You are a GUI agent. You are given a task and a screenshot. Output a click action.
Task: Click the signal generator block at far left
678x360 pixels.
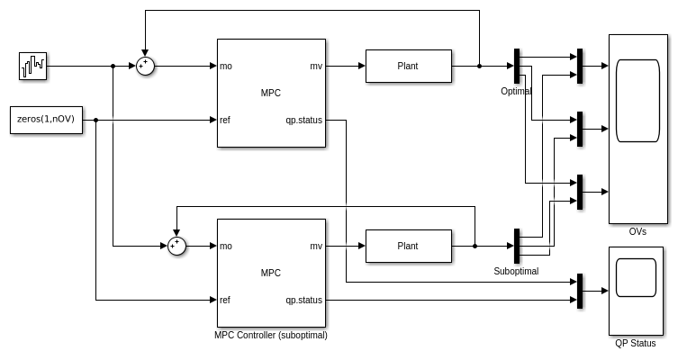(32, 66)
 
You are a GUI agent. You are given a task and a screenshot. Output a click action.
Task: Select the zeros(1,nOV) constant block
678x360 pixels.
(45, 120)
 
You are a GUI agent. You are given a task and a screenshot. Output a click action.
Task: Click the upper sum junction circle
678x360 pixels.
(145, 66)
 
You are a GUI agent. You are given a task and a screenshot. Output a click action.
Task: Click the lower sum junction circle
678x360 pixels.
(177, 246)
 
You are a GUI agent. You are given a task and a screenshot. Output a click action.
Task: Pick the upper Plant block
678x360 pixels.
(408, 66)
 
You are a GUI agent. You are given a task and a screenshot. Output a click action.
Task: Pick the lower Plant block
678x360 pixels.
(408, 246)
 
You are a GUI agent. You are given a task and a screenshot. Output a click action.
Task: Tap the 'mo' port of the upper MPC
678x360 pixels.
(226, 66)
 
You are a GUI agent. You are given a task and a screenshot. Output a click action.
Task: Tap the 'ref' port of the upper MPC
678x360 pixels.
(225, 120)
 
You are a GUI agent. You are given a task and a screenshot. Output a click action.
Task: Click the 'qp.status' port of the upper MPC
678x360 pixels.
(303, 120)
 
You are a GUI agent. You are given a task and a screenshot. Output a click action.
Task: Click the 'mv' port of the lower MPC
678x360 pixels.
(316, 246)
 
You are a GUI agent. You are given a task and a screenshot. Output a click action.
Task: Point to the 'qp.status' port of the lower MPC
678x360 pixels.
(303, 300)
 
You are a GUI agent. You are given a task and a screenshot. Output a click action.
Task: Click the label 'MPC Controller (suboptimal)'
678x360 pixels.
(270, 335)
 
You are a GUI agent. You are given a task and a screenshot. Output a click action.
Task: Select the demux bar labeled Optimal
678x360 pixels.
(517, 66)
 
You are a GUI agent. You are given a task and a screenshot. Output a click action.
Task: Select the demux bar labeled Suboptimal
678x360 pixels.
(517, 246)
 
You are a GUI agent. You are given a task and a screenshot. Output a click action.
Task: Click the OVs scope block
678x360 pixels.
(637, 129)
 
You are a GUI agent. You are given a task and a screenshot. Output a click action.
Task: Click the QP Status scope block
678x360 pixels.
(637, 291)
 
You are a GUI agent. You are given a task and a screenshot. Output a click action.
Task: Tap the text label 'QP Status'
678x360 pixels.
(636, 343)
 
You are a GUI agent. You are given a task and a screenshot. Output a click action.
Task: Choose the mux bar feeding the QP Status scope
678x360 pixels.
(580, 291)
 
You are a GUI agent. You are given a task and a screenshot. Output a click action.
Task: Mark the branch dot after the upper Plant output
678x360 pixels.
(480, 66)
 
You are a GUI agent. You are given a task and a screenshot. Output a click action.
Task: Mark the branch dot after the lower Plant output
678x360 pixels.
(475, 246)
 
